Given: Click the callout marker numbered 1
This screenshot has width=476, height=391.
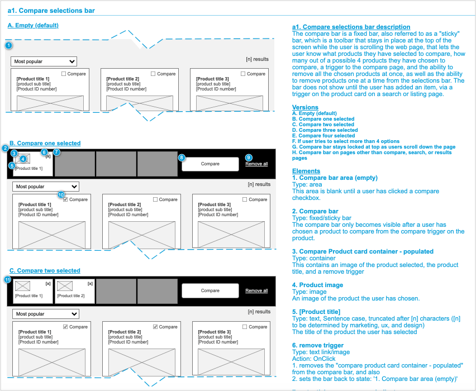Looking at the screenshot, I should [x=8, y=45].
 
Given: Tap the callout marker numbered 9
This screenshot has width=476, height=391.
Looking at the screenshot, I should [x=249, y=158].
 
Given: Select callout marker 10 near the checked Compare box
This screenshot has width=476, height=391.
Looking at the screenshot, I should [x=61, y=195].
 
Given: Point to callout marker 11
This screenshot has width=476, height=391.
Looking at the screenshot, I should [x=7, y=279].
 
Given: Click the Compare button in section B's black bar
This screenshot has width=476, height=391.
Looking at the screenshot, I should [x=210, y=164].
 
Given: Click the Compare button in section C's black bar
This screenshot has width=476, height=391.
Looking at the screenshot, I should [x=210, y=290].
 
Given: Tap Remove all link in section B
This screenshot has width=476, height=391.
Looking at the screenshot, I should [x=256, y=164].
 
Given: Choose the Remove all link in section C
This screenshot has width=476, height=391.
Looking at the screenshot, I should [x=256, y=290].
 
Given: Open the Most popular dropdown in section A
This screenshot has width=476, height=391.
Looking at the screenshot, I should [x=44, y=61].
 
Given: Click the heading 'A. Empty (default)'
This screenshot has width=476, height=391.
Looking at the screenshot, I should [x=33, y=26].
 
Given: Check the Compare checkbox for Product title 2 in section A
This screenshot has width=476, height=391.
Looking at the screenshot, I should [x=154, y=74].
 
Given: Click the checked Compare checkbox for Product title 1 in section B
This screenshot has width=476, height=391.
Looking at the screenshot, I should [x=66, y=199].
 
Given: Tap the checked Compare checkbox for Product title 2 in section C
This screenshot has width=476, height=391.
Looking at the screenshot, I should [x=156, y=327].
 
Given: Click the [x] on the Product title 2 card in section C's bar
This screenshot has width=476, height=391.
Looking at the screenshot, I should [x=90, y=284].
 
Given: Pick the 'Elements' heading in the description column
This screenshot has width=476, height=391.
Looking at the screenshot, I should [x=306, y=171].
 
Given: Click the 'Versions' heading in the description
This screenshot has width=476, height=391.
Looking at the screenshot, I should [x=306, y=107].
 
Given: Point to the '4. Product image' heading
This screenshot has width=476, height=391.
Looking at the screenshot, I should [x=318, y=285].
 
